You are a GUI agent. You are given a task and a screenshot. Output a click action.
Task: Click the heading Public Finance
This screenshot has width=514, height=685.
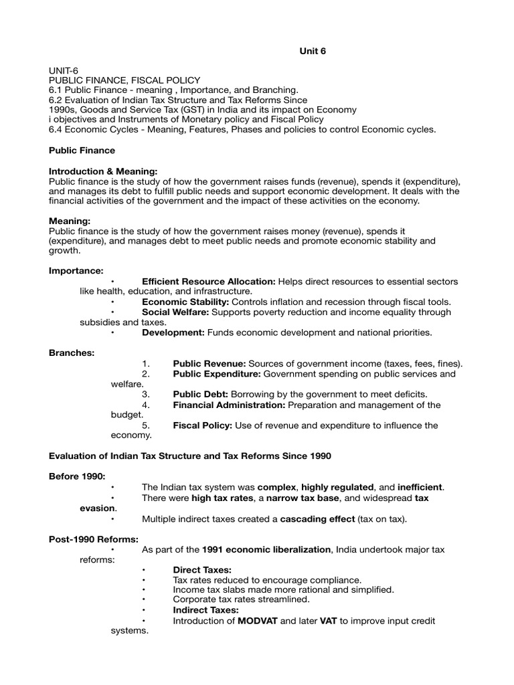pos(82,151)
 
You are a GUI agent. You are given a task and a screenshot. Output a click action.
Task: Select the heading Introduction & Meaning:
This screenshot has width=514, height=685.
pos(104,171)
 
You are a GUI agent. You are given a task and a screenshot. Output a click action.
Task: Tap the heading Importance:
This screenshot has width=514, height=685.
pos(76,271)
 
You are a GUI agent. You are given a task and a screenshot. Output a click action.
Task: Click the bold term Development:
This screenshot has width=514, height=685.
pos(173,332)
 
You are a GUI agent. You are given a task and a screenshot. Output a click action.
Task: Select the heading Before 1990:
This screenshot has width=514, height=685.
pos(77,476)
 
